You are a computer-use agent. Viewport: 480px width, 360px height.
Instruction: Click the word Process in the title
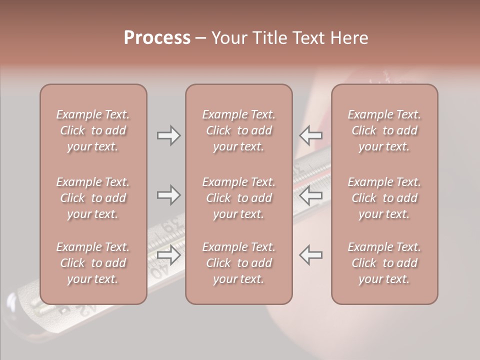[x=157, y=38]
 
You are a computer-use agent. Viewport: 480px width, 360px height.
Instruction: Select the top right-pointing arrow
[x=169, y=135]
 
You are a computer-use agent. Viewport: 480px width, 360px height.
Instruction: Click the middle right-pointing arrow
[x=169, y=195]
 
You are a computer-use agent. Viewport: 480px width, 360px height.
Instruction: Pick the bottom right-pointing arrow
[x=169, y=255]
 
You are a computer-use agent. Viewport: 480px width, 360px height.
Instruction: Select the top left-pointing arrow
[x=311, y=135]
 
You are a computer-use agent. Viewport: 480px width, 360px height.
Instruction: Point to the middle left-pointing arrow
[x=311, y=195]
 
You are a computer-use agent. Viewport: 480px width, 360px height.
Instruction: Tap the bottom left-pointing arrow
[x=311, y=255]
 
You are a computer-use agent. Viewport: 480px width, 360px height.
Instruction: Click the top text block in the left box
[x=93, y=130]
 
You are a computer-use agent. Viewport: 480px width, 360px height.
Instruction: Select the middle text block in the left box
[x=93, y=198]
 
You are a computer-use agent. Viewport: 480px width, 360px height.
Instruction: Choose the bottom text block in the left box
[x=93, y=263]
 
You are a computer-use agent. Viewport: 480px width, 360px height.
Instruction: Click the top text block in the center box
[x=239, y=130]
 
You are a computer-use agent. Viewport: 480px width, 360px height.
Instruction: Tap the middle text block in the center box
[x=239, y=198]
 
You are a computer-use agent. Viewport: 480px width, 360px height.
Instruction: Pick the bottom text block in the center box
[x=239, y=263]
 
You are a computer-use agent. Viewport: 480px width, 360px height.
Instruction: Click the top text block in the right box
[x=384, y=130]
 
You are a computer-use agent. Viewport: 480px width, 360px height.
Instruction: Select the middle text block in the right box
[x=384, y=198]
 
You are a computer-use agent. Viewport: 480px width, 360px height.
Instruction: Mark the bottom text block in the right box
[x=384, y=263]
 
